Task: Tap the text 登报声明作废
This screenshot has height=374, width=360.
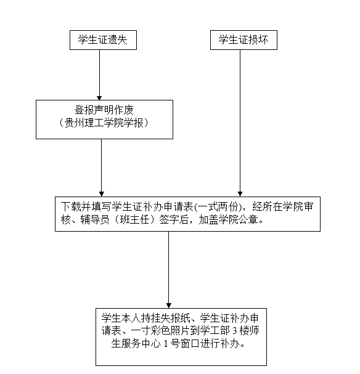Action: tap(104, 110)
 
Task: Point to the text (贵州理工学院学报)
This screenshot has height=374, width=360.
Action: tap(104, 123)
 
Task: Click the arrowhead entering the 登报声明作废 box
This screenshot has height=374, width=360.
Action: tap(99, 98)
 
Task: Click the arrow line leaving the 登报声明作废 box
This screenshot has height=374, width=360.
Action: tap(101, 168)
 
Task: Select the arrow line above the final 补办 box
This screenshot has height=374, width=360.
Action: tap(169, 269)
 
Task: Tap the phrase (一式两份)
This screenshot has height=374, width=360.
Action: tap(218, 207)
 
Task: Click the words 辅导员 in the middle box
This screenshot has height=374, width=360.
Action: tap(95, 220)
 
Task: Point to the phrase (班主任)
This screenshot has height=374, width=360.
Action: tap(134, 220)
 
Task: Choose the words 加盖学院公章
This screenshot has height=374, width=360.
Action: tap(228, 220)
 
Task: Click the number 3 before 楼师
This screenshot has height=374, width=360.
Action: tap(234, 331)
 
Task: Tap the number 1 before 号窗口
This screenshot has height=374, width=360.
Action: tap(166, 344)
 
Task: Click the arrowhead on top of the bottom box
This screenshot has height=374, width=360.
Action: tap(169, 306)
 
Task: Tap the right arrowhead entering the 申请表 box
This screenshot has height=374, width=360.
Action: tap(240, 194)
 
